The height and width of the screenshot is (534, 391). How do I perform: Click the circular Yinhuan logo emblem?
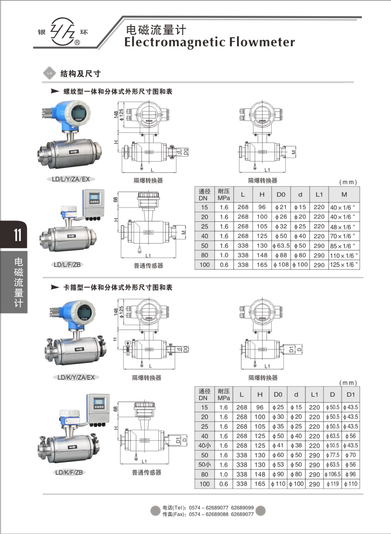(63, 31)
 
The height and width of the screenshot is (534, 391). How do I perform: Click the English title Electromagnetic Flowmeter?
(209, 42)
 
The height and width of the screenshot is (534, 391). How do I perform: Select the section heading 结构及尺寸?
(80, 74)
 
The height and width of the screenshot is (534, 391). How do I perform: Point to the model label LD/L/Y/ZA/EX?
(71, 179)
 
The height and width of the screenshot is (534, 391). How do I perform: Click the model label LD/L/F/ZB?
(67, 265)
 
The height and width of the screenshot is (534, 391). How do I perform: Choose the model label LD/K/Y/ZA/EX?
(76, 377)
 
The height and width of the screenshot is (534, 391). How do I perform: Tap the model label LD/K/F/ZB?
(69, 473)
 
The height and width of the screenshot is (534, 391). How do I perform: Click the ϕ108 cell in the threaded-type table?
(281, 265)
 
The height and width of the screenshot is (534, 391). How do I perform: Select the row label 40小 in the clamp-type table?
(204, 446)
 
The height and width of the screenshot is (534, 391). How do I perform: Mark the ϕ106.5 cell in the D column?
(332, 474)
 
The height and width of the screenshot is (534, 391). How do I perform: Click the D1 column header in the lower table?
(350, 394)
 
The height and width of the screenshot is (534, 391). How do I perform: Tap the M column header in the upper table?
(344, 195)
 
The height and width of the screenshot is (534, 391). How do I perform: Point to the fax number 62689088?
(217, 514)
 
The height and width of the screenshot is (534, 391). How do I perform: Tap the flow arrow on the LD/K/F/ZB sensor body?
(72, 447)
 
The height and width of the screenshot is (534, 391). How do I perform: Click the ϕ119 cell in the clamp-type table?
(332, 484)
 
